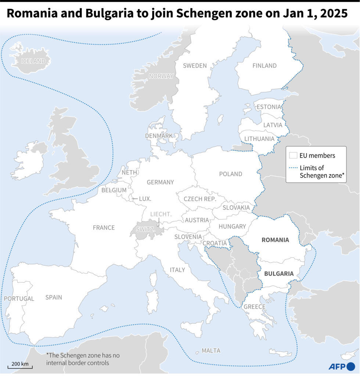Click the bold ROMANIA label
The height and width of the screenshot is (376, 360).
(275, 240)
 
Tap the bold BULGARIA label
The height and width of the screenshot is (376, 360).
(279, 273)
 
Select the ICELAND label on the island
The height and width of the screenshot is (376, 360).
(33, 61)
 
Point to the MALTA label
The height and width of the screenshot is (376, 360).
(211, 351)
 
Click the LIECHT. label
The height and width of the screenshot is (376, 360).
(161, 214)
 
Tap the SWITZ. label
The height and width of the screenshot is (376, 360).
(145, 229)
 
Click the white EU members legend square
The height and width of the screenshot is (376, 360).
(293, 155)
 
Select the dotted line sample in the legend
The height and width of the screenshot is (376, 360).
(293, 168)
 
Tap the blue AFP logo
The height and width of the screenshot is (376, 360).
(342, 366)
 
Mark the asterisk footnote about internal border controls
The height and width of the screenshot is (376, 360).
(83, 359)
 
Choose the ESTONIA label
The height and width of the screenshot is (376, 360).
(269, 107)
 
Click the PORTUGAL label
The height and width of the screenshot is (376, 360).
(19, 298)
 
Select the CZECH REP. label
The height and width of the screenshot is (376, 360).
(200, 198)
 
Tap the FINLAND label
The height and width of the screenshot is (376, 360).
(264, 65)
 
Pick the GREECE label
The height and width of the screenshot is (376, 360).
(254, 307)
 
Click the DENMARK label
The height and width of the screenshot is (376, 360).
(159, 136)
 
